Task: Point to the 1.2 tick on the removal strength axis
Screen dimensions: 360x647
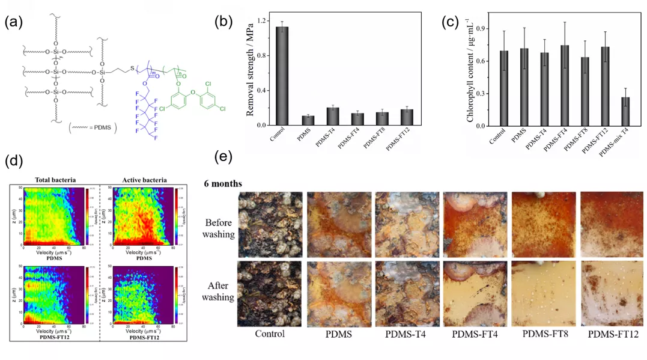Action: tap(260, 20)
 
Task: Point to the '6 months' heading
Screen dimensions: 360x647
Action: tap(223, 183)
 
